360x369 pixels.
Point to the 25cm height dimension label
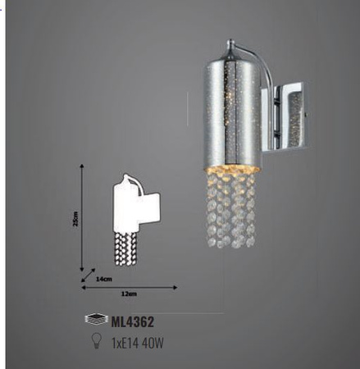point(75,219)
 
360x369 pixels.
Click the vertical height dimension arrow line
point(83,217)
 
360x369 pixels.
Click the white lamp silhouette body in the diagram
point(125,205)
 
